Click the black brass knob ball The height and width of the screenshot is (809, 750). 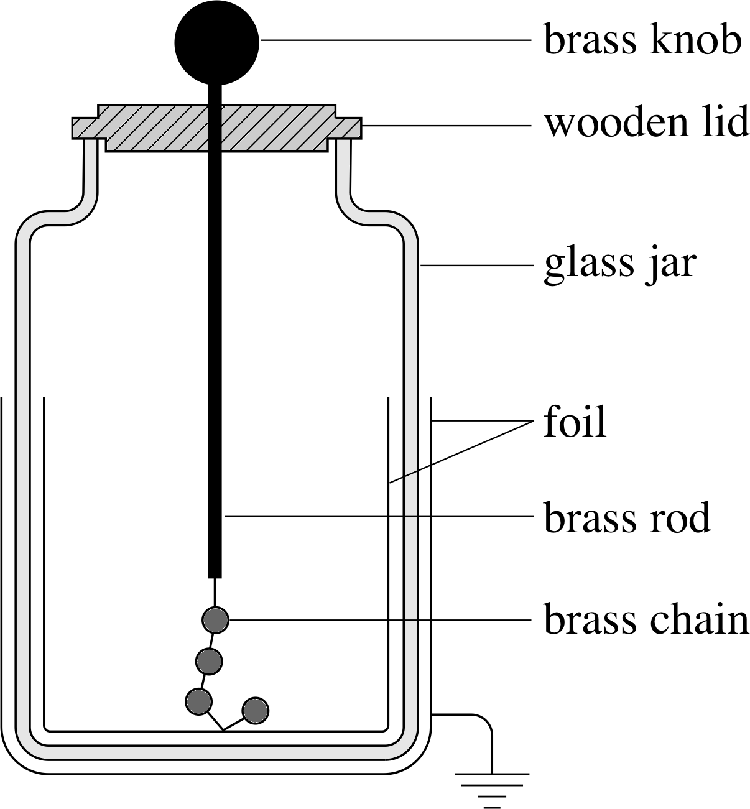(x=217, y=42)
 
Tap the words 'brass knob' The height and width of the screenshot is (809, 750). (x=642, y=40)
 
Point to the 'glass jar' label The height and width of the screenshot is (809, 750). (x=619, y=265)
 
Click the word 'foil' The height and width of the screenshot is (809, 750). (x=575, y=421)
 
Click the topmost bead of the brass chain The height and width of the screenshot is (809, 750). (x=216, y=620)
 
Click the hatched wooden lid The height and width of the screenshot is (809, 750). (x=217, y=128)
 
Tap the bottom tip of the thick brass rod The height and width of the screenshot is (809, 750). (x=215, y=578)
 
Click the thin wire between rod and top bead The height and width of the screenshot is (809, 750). (x=215, y=592)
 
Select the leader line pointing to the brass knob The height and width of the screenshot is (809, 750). (x=396, y=40)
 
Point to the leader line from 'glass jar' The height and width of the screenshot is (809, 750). (x=476, y=266)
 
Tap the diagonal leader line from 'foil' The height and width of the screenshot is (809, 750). (x=461, y=452)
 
